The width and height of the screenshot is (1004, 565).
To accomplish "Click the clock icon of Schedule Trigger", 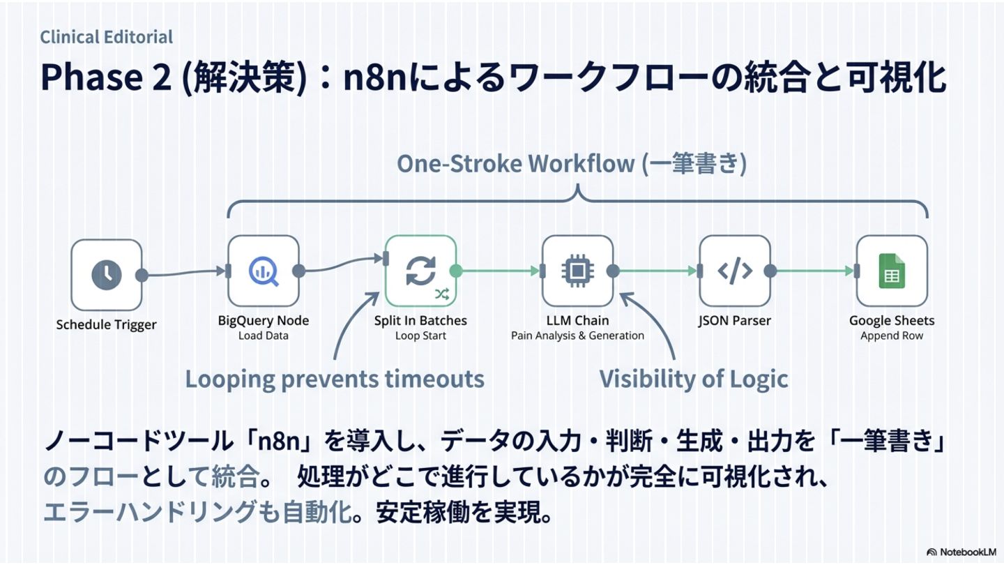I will click(106, 275).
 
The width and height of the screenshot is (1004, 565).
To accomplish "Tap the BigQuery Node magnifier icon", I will click(264, 271).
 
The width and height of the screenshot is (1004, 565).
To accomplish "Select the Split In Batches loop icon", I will click(420, 271).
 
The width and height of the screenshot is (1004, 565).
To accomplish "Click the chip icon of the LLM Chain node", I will click(577, 271).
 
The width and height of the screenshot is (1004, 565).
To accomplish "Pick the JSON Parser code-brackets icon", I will click(735, 271).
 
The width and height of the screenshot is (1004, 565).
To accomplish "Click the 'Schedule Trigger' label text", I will click(106, 324).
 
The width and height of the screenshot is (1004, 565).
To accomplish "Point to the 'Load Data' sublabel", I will click(263, 336).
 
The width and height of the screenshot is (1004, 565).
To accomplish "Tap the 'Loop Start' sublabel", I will click(420, 336).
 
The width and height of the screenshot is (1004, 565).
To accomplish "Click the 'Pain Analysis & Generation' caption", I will click(577, 336).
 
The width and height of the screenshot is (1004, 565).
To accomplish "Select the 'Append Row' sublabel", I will click(892, 336).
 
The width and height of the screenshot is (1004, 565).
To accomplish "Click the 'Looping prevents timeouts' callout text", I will click(334, 379).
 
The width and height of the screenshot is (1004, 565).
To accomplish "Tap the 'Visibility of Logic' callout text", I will click(694, 379).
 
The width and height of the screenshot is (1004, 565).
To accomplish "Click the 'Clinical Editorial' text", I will click(106, 37).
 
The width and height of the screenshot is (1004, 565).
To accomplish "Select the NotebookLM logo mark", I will click(931, 552).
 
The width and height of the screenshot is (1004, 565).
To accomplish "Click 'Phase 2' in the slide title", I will click(105, 77).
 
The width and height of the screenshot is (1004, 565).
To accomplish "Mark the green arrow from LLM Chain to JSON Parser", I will click(659, 271).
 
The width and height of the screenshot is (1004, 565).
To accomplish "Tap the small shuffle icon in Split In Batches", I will click(442, 294).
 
